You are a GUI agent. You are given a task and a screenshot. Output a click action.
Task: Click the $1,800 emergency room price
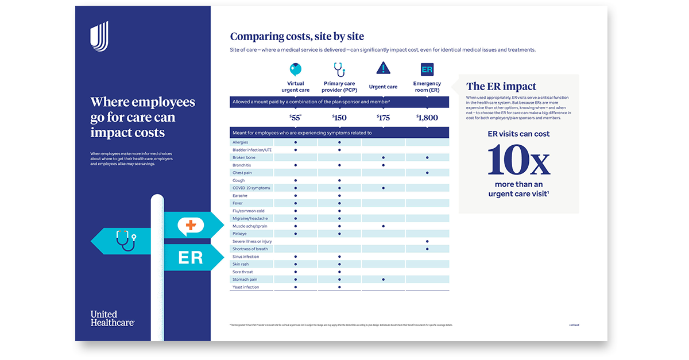click(x=427, y=118)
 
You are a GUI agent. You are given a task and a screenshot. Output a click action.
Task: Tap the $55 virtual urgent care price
click(x=296, y=118)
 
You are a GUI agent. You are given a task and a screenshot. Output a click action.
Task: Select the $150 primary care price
click(x=339, y=118)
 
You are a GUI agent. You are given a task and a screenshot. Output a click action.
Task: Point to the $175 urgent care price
click(x=383, y=118)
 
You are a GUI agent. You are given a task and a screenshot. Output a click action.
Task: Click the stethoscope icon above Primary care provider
click(x=339, y=69)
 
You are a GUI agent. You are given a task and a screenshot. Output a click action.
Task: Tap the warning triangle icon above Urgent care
click(x=383, y=68)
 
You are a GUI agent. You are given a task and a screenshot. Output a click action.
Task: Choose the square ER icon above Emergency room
click(x=427, y=69)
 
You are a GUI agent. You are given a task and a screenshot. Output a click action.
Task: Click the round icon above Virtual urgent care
click(x=296, y=69)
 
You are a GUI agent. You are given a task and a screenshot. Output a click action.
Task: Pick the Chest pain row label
click(x=241, y=173)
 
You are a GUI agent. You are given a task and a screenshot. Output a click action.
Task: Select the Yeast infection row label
click(x=246, y=287)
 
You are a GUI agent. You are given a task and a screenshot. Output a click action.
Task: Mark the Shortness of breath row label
click(x=250, y=249)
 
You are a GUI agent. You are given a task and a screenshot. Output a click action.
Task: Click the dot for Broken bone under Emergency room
click(x=427, y=157)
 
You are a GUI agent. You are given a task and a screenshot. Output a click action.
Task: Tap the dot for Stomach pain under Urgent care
click(x=383, y=280)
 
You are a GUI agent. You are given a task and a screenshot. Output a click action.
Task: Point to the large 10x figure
click(x=518, y=161)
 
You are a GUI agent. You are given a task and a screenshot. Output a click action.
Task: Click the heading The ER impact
click(x=501, y=87)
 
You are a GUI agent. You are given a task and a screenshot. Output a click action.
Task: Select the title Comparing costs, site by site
click(x=297, y=37)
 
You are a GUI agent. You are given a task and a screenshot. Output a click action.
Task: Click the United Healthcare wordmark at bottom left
click(x=112, y=318)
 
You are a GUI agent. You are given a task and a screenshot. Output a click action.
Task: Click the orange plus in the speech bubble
click(x=190, y=224)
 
